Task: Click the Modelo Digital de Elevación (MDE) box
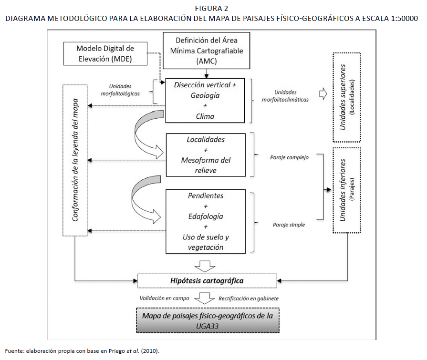(x=105, y=53)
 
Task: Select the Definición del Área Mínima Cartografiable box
(x=206, y=51)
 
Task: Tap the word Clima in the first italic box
(x=205, y=116)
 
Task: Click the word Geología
(x=205, y=95)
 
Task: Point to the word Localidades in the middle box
(x=206, y=140)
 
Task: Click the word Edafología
(x=206, y=216)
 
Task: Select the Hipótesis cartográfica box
(x=207, y=281)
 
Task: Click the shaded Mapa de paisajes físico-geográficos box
(x=208, y=320)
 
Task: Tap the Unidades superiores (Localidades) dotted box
(x=347, y=97)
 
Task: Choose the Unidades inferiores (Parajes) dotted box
(x=347, y=190)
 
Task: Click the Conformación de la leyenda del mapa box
(x=75, y=160)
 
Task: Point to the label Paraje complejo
(x=289, y=157)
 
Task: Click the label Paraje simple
(x=289, y=225)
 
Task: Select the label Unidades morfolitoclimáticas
(x=285, y=96)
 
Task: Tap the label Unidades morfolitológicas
(x=120, y=90)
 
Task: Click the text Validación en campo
(x=164, y=298)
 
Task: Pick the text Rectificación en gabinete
(x=249, y=298)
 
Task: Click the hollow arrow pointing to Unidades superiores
(x=323, y=94)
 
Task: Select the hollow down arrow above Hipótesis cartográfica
(x=205, y=266)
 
